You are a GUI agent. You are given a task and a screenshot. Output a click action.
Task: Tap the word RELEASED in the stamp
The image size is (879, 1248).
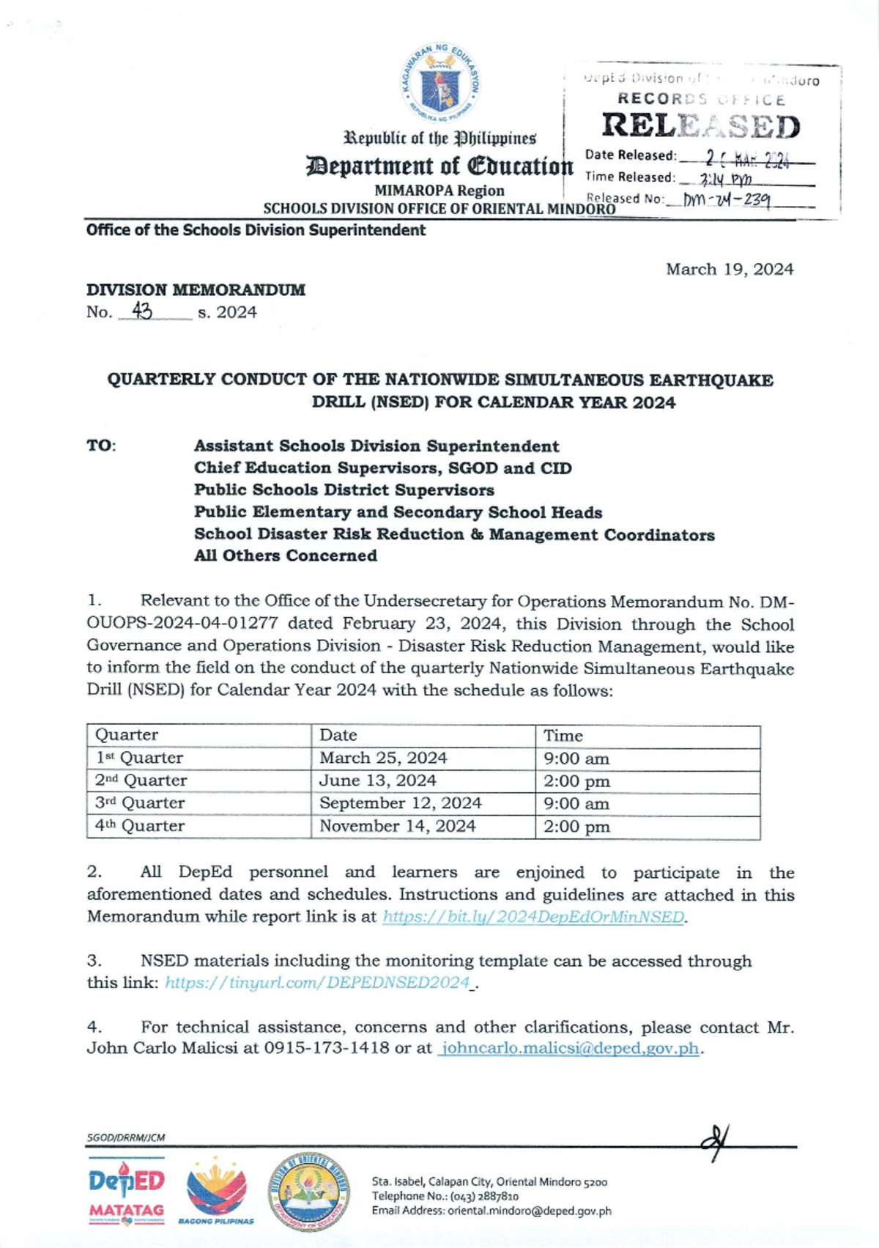coord(700,127)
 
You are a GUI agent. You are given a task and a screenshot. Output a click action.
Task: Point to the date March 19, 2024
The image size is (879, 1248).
coord(729,270)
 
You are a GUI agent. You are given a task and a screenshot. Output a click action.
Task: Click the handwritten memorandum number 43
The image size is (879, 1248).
coord(142,311)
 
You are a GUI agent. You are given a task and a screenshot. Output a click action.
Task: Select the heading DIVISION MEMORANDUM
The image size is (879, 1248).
coord(196,290)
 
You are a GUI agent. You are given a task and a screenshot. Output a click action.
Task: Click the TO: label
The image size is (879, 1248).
coord(101,446)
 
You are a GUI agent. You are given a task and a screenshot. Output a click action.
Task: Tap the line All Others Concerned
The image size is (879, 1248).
coord(286,555)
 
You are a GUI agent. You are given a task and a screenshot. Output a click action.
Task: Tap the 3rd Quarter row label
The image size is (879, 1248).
coord(140,803)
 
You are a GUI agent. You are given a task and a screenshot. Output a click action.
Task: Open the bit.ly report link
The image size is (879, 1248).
coord(534,917)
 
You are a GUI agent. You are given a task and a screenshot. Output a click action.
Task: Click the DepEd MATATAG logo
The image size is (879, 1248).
coord(126,1191)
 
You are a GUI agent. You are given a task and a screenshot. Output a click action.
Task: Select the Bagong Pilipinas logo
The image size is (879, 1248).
coord(216,1191)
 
